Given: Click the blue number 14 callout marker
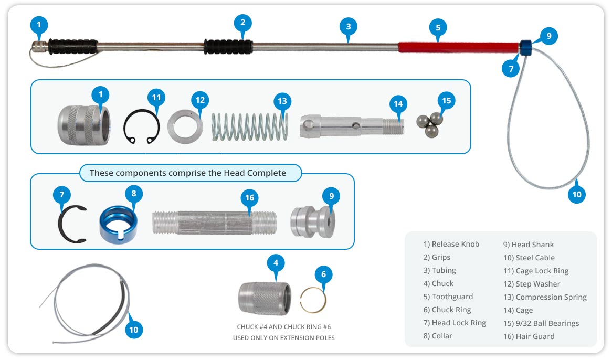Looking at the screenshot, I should (398, 104).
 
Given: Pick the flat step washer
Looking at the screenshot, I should (184, 125).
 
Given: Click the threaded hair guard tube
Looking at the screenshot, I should (214, 223).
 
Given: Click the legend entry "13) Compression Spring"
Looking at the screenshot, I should (545, 297).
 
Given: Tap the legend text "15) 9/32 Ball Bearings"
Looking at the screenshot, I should (541, 323).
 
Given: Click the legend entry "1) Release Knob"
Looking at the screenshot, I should (451, 244).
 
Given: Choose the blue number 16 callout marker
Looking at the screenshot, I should (250, 198).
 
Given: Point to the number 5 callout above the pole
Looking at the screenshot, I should (438, 27).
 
